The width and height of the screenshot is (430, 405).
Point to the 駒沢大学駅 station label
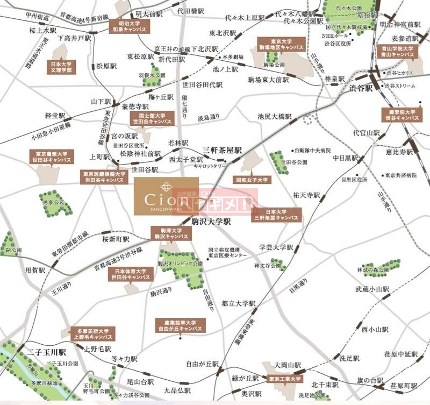point(211,221)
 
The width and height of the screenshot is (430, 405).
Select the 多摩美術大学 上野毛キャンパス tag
point(94,334)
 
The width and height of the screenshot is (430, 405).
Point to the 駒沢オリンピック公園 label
point(180,264)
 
